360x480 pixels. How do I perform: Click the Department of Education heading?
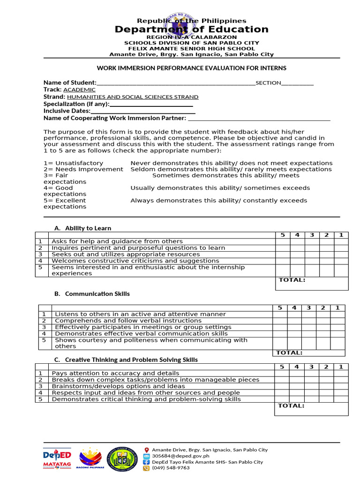tap(192, 30)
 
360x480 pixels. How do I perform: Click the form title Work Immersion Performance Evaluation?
tap(191, 68)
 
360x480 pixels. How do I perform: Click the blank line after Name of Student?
tap(176, 83)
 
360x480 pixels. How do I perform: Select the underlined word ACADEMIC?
tap(79, 90)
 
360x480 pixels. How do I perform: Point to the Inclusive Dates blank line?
tap(142, 111)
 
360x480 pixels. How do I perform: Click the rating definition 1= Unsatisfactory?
tap(73, 163)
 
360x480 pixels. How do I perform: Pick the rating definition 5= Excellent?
tap(65, 201)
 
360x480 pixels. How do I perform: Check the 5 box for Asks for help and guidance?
tap(283, 241)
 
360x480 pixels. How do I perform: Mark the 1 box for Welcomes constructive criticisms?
tap(341, 261)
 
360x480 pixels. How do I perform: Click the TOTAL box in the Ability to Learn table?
tap(312, 284)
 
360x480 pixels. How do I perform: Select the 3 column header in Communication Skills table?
tap(308, 307)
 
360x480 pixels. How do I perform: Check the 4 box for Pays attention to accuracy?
tap(297, 373)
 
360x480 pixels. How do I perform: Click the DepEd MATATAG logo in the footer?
tap(57, 458)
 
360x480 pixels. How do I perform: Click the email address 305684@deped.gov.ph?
tap(180, 456)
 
